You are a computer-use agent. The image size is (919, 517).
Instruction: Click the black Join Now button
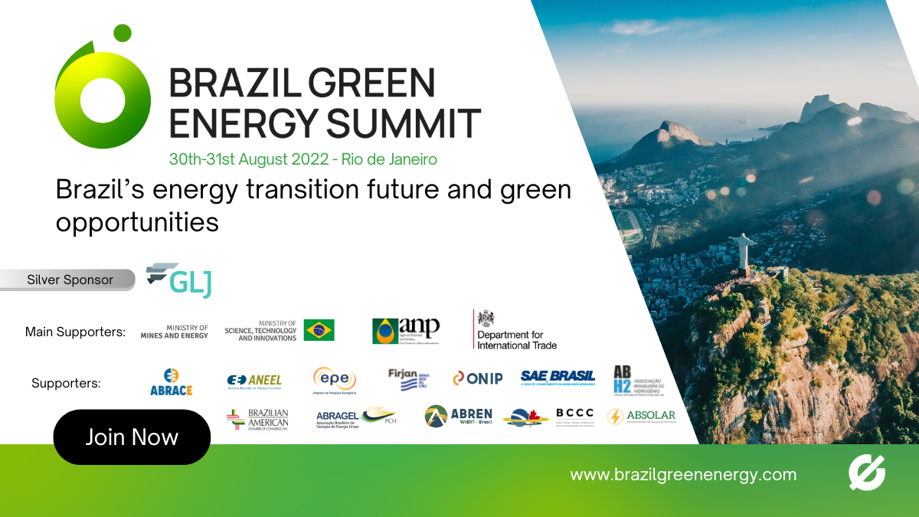132,437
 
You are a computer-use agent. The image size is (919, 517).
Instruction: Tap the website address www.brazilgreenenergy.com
683,474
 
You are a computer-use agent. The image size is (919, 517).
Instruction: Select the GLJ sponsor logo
179,281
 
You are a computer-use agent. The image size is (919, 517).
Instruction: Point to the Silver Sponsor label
70,280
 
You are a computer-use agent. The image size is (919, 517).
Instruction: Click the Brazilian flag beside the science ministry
319,330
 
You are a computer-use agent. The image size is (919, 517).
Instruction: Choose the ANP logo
406,330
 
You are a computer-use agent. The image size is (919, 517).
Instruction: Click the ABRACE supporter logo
171,381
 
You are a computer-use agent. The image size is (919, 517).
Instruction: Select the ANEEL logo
255,381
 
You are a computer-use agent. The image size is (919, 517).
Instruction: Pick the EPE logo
335,379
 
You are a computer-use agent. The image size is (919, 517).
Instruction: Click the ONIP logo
477,378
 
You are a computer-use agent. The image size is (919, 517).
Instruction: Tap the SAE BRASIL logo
558,376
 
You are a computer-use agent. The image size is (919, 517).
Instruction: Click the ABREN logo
459,416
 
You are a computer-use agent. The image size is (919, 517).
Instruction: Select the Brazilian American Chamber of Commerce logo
258,419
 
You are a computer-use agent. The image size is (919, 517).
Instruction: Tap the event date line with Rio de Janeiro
303,159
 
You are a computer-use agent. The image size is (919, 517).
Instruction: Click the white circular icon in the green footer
867,473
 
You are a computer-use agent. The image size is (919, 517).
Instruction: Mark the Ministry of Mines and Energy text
175,331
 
